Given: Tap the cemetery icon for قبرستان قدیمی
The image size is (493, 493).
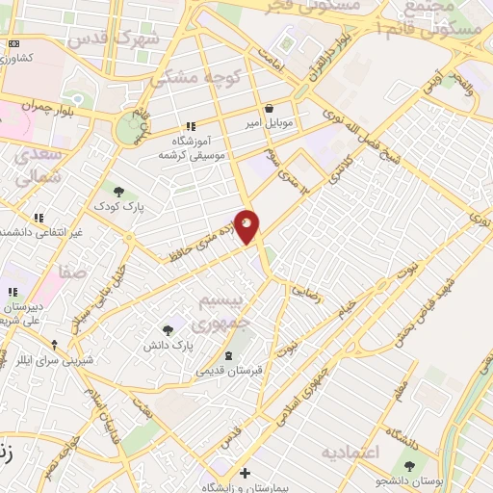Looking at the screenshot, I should point(228,355).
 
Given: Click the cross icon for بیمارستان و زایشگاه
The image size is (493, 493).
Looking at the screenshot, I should point(246,473).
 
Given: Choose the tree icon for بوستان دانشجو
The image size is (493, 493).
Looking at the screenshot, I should point(410,467).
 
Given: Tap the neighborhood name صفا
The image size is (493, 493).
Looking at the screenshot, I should point(72,273).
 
